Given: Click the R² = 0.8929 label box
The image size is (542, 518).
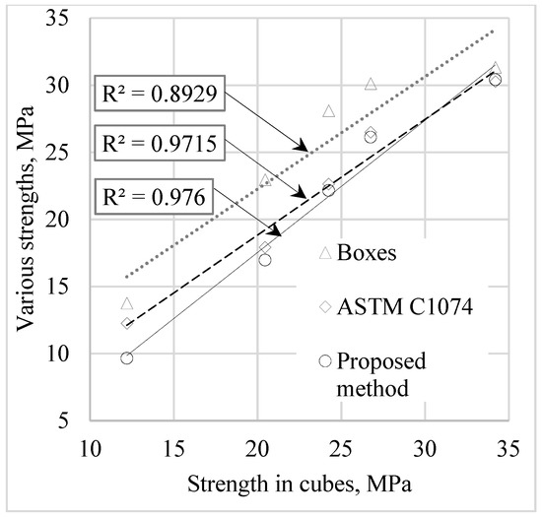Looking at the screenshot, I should pyautogui.click(x=161, y=98).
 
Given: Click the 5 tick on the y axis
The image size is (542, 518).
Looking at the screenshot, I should pyautogui.click(x=71, y=421).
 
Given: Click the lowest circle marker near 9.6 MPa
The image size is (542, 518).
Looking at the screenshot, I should pyautogui.click(x=127, y=358).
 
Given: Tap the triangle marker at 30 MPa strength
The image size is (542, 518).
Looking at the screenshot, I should pyautogui.click(x=371, y=85).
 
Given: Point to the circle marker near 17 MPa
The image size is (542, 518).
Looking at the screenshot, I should pyautogui.click(x=265, y=260).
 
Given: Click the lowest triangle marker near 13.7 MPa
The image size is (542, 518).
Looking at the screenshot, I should pyautogui.click(x=127, y=303).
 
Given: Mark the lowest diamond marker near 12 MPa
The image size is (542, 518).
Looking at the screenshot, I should pyautogui.click(x=127, y=323).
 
